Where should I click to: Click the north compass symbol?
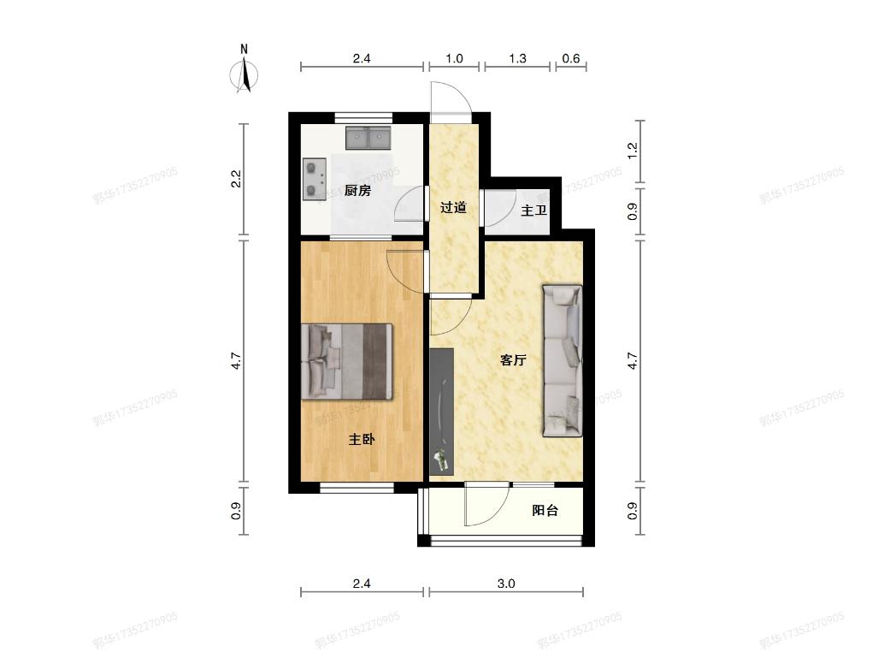point(245,72)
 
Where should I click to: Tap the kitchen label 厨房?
point(357,191)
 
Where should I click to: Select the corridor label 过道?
point(453,207)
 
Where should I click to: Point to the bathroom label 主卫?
point(533,210)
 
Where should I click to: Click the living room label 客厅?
point(513,360)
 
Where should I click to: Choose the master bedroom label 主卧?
point(362,440)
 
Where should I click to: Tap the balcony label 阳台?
point(545,511)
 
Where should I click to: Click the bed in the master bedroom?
point(347,360)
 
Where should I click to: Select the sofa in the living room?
point(562,360)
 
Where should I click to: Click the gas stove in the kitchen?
point(315,178)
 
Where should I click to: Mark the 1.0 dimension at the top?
point(454,59)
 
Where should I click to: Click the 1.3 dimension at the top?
point(517,59)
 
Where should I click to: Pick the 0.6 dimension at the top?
point(570,59)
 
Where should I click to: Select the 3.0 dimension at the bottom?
point(505,584)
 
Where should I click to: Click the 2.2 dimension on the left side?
point(237,180)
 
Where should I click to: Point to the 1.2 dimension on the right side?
point(633,151)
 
